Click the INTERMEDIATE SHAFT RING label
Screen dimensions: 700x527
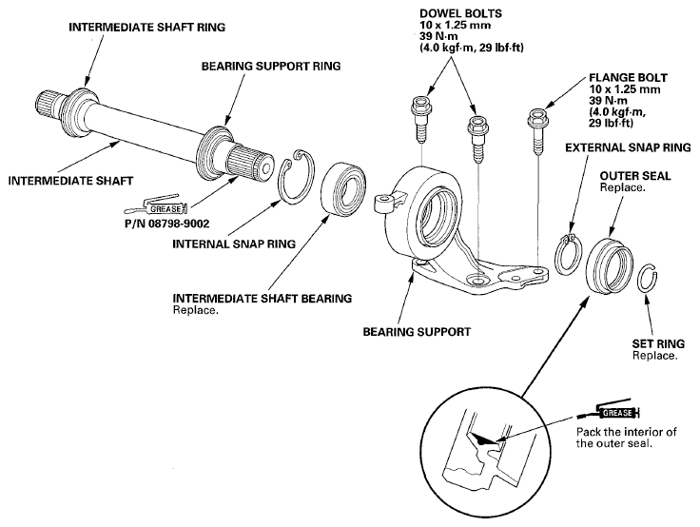point(146,28)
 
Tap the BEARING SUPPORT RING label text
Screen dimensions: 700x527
point(271,66)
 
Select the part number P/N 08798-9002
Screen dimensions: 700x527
point(167,224)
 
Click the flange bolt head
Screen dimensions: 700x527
point(538,116)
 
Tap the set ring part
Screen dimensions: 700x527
point(647,279)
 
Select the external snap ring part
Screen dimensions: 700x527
point(568,257)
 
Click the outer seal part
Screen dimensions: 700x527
point(609,265)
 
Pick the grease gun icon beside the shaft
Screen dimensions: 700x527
point(156,205)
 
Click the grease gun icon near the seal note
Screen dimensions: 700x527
point(608,410)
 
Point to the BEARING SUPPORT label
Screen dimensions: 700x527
point(417,332)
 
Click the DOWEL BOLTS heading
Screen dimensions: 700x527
point(460,13)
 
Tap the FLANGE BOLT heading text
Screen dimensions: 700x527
point(628,78)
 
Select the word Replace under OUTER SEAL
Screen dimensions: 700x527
point(622,187)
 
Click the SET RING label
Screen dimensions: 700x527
point(658,344)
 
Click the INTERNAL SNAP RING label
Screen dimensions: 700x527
point(234,244)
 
